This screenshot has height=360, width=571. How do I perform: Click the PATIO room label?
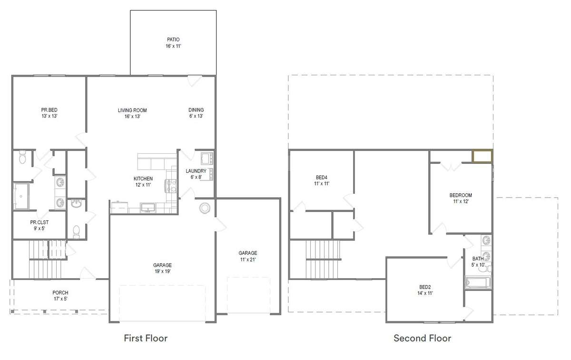click(173, 43)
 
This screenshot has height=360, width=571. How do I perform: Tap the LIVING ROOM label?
click(132, 113)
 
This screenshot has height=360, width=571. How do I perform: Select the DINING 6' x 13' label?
click(196, 113)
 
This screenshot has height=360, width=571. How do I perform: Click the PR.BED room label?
click(49, 113)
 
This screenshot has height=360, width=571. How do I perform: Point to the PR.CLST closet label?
click(39, 225)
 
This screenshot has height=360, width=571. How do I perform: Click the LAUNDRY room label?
click(196, 174)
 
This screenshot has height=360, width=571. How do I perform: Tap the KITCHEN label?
click(143, 181)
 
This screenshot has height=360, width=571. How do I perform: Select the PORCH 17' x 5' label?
click(60, 295)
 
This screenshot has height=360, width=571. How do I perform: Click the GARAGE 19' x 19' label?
click(162, 268)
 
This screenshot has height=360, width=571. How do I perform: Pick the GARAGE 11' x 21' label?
click(248, 256)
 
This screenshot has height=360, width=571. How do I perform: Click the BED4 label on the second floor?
click(322, 180)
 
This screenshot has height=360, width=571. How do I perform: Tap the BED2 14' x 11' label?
click(425, 290)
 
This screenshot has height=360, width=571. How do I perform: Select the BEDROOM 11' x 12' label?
click(461, 198)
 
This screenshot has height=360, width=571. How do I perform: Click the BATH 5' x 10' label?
click(478, 261)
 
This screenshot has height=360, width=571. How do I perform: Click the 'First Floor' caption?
click(146, 338)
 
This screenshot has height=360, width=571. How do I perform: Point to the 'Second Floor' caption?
click(423, 338)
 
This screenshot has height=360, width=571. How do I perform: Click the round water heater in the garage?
click(205, 208)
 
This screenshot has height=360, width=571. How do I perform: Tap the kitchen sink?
click(148, 208)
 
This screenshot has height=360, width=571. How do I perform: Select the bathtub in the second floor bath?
click(478, 282)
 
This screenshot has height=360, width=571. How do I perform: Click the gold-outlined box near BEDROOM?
click(482, 156)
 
